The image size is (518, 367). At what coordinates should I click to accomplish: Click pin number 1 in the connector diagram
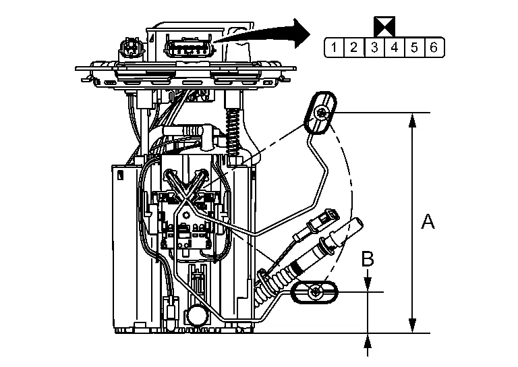pos(333,47)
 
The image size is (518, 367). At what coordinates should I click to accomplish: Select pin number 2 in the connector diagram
pos(353,47)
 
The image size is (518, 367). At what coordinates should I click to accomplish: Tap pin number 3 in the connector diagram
pos(374,47)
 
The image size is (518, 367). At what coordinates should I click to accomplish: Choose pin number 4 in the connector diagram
pos(394,47)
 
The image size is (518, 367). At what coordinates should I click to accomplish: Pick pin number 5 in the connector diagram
pos(414,47)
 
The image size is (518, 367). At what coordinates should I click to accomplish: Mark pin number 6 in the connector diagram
pos(434,47)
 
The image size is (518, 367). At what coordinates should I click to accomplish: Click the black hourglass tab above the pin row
pos(384,26)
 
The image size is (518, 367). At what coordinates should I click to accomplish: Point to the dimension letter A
pos(428,221)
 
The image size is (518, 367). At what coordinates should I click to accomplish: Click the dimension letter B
pos(367,258)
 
